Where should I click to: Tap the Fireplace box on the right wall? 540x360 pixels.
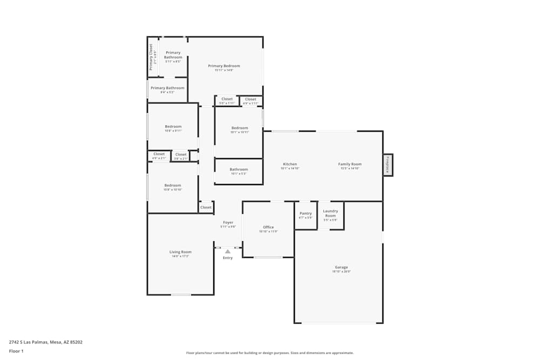(388, 165)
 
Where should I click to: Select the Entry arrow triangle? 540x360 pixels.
(228, 251)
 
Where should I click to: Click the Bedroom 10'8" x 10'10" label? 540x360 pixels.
(173, 187)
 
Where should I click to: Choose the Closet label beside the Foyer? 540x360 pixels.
(206, 207)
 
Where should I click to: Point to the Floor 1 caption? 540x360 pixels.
(17, 351)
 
